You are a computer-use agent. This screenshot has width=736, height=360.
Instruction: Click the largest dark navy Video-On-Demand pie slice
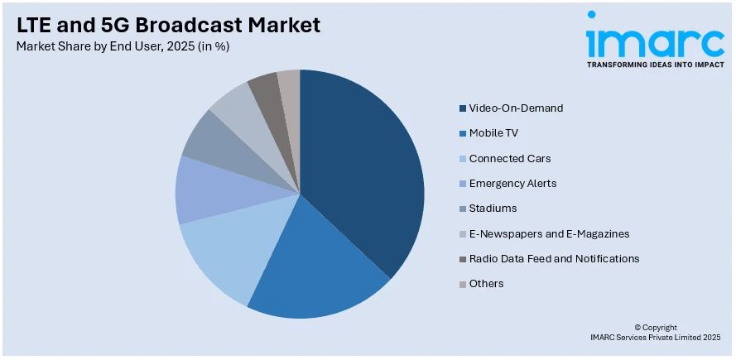click(364, 174)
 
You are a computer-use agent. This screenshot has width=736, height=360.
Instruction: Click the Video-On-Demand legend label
click(516, 108)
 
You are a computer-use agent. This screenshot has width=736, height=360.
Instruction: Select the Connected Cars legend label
click(509, 158)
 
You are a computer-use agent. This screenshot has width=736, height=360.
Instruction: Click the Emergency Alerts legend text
click(512, 183)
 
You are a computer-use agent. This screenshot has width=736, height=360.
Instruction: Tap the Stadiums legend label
click(493, 208)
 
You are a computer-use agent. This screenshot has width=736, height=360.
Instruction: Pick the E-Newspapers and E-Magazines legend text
click(549, 233)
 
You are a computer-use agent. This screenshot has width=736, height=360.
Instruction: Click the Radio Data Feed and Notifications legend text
click(554, 258)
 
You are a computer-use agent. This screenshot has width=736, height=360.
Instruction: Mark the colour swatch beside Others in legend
click(461, 284)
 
